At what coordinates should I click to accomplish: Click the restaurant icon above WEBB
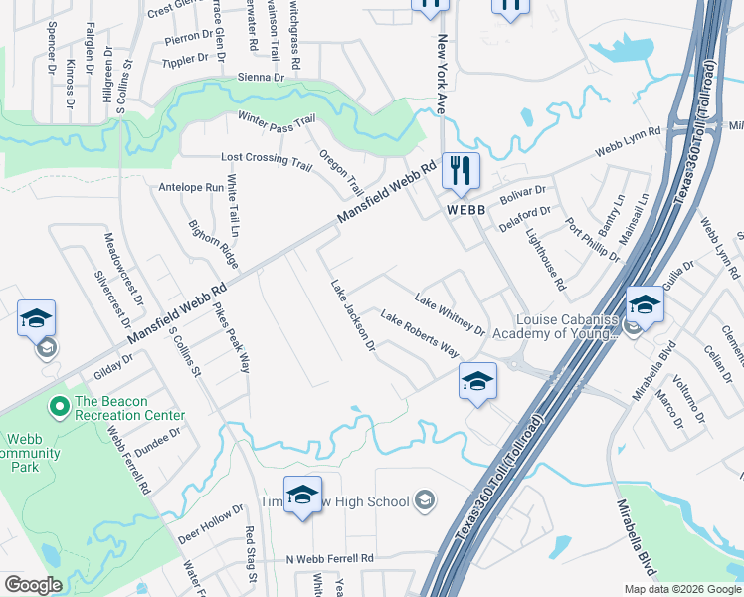(461, 169)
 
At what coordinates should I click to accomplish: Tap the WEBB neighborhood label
(465, 210)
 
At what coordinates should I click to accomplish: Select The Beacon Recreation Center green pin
(59, 405)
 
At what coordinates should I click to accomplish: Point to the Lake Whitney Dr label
(450, 313)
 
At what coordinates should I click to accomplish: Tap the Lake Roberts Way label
(419, 336)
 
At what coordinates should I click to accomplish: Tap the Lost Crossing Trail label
(267, 159)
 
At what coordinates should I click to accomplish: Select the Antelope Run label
(191, 187)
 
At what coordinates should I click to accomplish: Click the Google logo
(33, 584)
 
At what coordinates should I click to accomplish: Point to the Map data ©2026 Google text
(681, 589)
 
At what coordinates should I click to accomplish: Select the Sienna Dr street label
(261, 77)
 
